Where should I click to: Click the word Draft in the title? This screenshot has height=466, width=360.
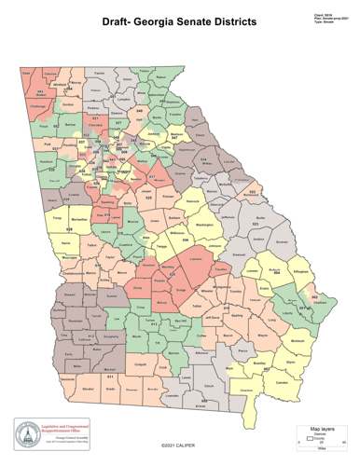(x=118, y=20)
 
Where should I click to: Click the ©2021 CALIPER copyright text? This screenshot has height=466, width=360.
(x=179, y=447)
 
